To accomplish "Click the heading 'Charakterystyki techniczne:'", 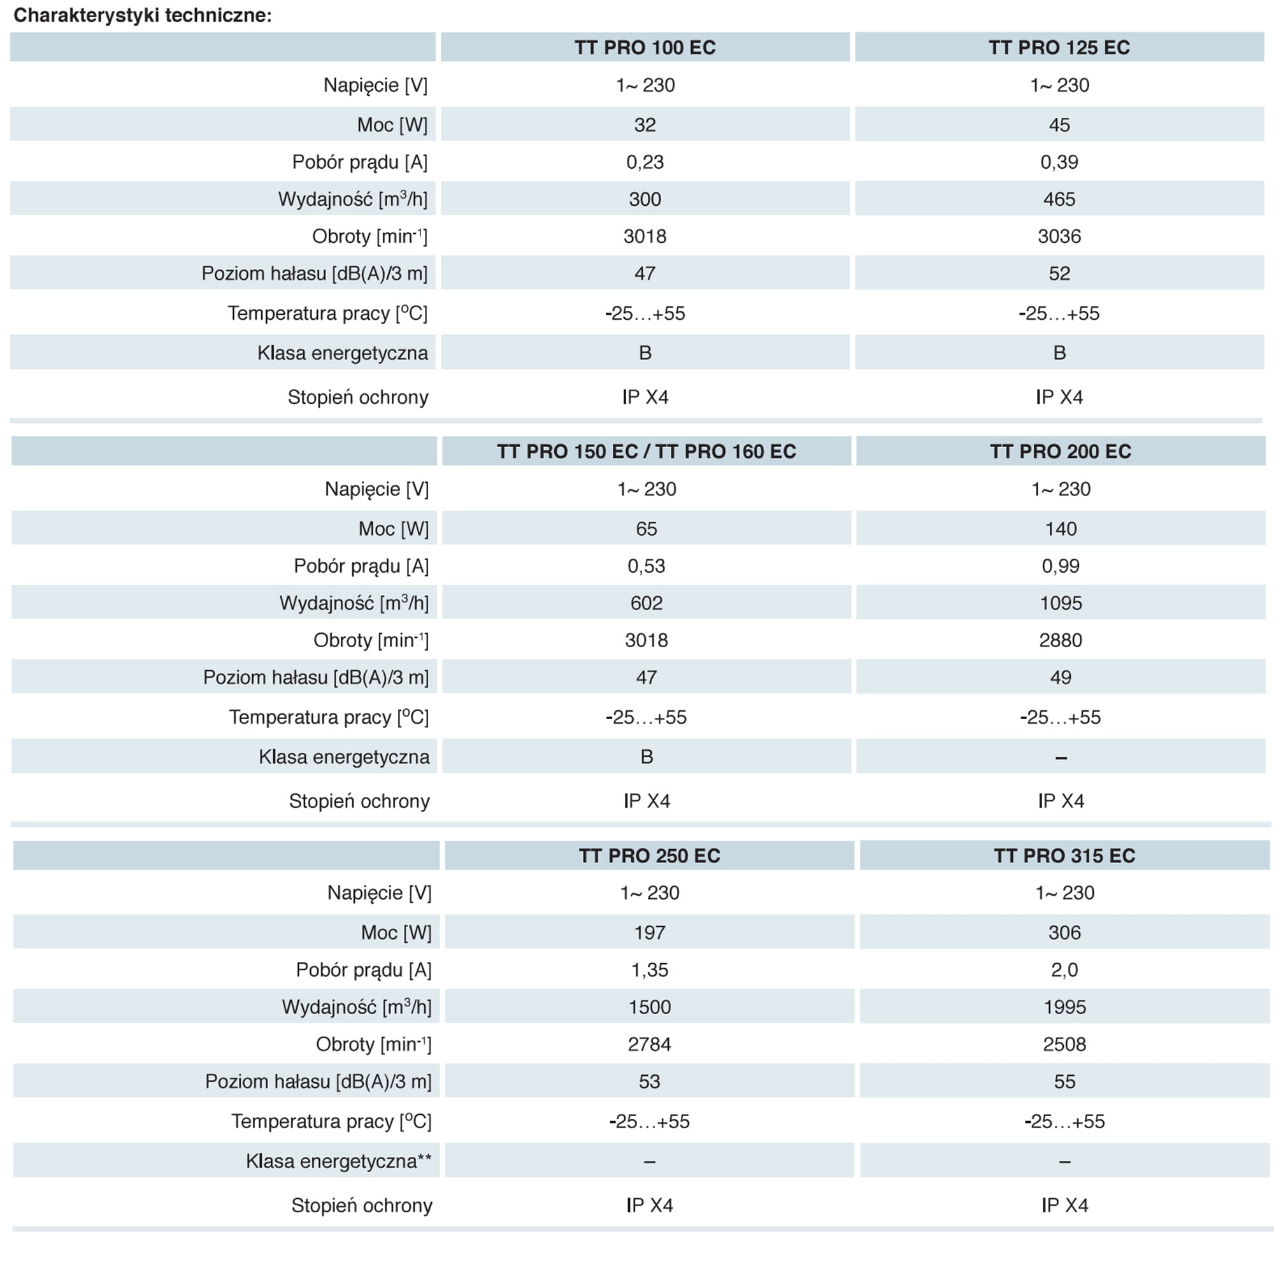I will point(143,15).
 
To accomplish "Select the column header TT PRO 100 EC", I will point(644,48).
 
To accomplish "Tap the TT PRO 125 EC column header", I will point(1059,48).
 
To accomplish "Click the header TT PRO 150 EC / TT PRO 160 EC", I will point(646,452).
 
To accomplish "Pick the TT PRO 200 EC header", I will point(1061,452).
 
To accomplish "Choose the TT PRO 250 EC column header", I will point(650,856).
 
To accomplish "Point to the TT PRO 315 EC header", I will point(1064,856).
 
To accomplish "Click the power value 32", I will point(645,125).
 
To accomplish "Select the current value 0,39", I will point(1059,162).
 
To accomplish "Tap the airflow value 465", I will point(1059,199).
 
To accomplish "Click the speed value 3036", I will point(1059,236).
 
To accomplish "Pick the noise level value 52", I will point(1059,274).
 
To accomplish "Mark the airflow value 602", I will point(646,603).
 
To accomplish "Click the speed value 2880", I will point(1061,640).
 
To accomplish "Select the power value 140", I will point(1061,529).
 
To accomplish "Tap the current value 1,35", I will point(650,970).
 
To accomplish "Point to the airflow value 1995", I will point(1064,1007).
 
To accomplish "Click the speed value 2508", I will point(1064,1045).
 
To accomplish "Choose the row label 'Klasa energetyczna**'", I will point(338,1161).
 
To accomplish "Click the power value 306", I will point(1064,933).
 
